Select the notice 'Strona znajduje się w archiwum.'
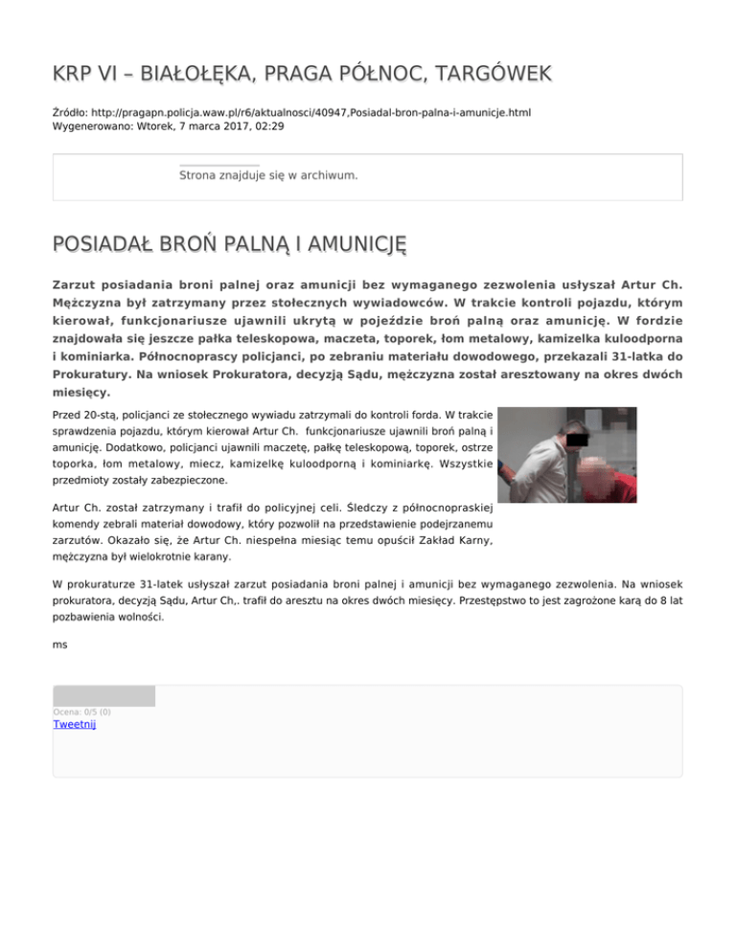click(268, 176)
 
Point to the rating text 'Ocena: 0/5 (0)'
click(81, 712)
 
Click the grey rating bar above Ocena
click(103, 696)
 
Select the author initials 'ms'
click(60, 645)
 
